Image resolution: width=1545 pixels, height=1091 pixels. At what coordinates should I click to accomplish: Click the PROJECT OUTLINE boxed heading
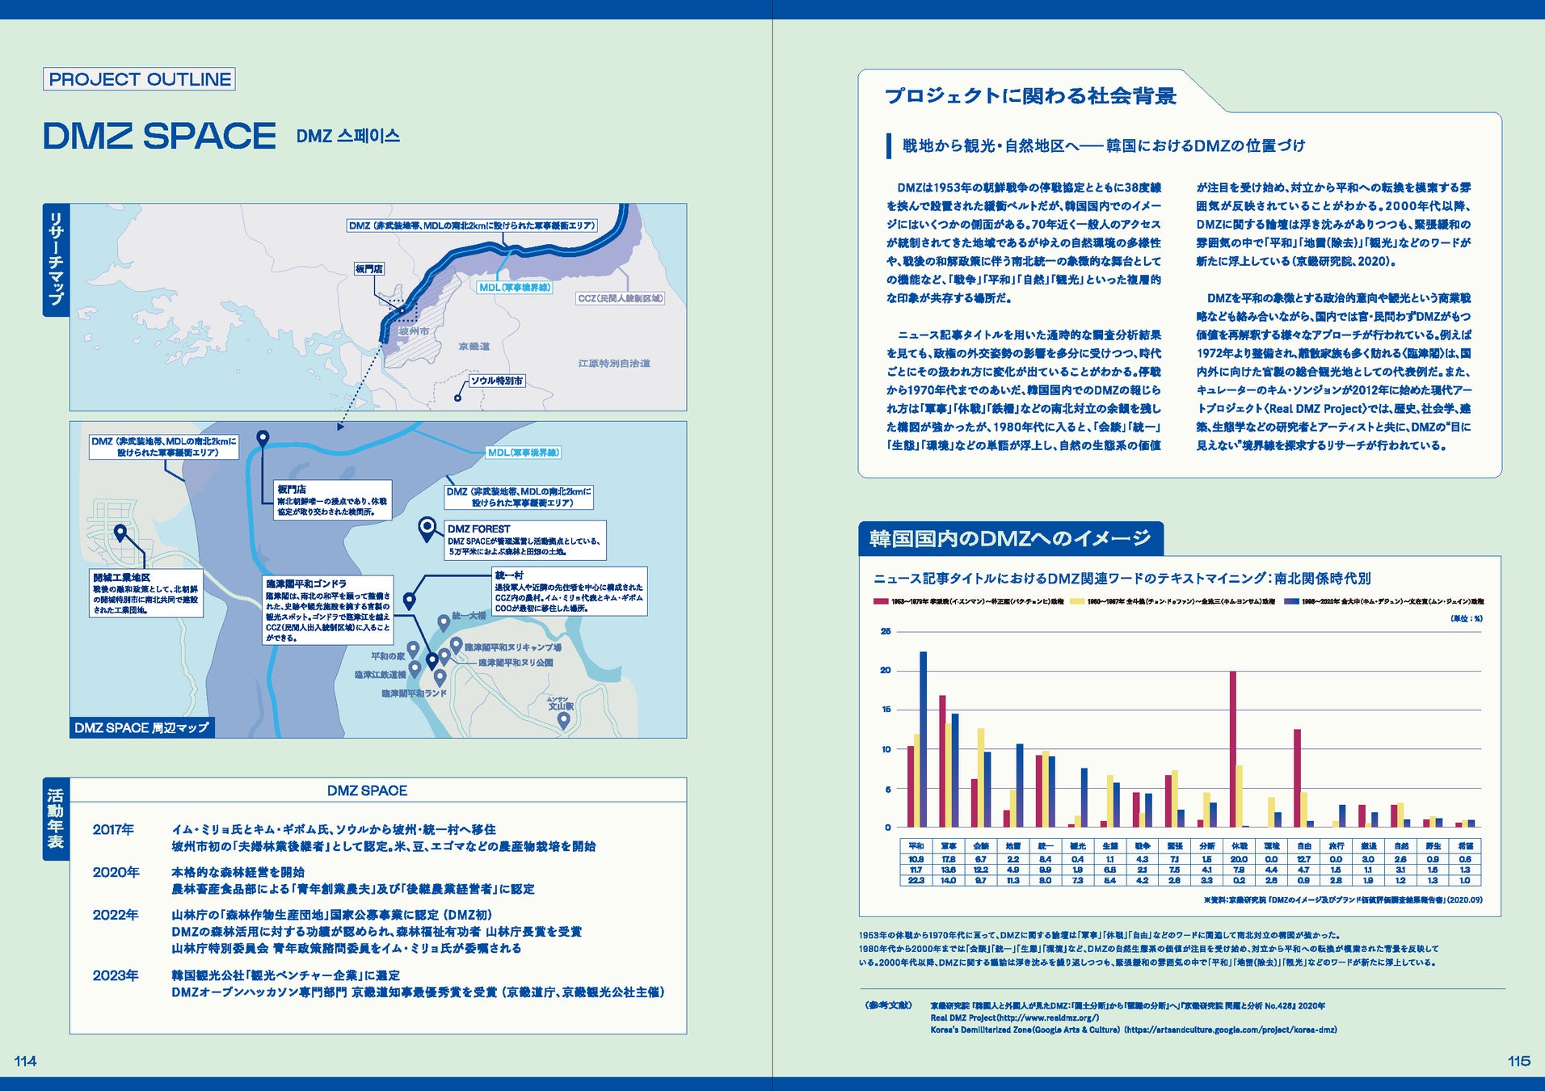click(139, 79)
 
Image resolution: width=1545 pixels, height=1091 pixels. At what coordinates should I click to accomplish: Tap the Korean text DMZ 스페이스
click(347, 137)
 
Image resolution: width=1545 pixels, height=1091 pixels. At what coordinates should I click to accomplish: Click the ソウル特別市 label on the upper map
click(497, 381)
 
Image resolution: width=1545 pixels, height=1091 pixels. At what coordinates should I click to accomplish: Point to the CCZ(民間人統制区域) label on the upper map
click(620, 298)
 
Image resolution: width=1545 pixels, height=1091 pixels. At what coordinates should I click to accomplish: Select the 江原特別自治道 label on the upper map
click(614, 364)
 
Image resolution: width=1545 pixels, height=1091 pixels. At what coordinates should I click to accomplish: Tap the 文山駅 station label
click(561, 706)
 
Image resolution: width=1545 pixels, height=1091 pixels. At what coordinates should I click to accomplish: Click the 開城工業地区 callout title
click(121, 578)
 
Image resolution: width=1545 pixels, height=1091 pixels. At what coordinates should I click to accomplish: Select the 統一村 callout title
click(509, 575)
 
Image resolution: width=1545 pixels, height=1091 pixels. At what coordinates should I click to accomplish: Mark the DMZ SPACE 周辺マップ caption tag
click(141, 727)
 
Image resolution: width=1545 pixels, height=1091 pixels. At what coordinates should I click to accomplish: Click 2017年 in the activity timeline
click(113, 830)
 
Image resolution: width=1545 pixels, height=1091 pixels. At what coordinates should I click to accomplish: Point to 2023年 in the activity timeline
click(116, 975)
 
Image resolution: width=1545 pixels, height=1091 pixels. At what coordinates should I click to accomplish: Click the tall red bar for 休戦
click(1233, 748)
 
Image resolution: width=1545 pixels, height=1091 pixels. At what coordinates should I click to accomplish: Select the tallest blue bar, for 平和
click(923, 739)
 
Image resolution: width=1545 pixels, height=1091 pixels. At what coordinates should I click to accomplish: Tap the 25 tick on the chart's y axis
click(886, 631)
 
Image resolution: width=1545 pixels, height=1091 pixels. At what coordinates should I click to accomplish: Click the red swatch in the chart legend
click(881, 601)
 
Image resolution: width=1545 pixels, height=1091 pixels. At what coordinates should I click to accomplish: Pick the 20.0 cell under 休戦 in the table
click(1239, 859)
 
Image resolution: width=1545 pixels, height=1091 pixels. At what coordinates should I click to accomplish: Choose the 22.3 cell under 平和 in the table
click(916, 880)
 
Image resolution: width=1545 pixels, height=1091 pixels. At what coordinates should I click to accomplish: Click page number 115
click(1518, 1061)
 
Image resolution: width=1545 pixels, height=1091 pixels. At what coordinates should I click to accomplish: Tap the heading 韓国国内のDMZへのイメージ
click(1010, 539)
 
